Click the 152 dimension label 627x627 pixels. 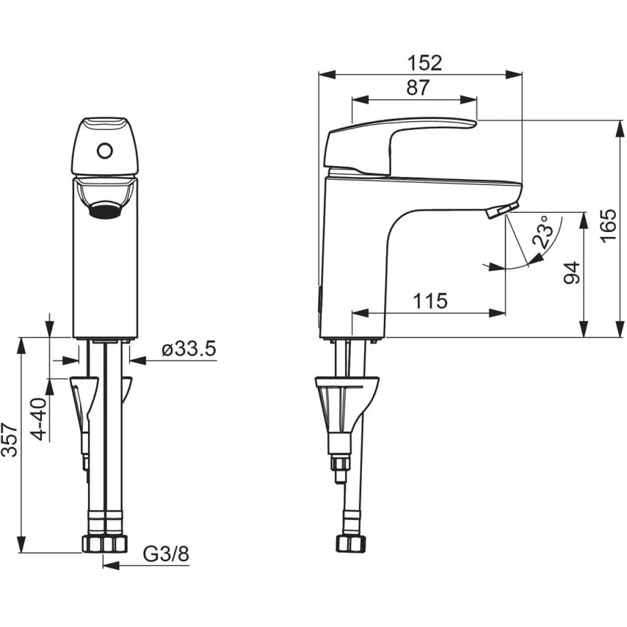click(x=425, y=63)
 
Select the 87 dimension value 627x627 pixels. click(x=418, y=87)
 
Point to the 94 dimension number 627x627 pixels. click(x=571, y=273)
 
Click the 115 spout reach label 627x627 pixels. click(x=430, y=301)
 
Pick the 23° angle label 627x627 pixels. click(x=544, y=231)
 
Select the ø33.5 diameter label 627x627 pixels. click(x=189, y=350)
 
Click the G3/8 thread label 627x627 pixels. click(x=166, y=554)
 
